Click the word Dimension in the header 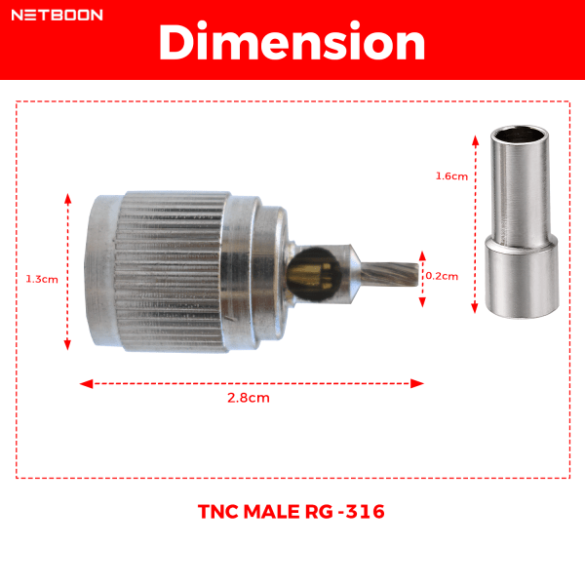click(292, 44)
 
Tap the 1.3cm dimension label click(42, 278)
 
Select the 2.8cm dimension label click(249, 398)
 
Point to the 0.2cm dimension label click(442, 276)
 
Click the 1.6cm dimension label click(451, 176)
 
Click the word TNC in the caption click(218, 511)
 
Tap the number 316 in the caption click(367, 511)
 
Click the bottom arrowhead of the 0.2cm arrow click(422, 299)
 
